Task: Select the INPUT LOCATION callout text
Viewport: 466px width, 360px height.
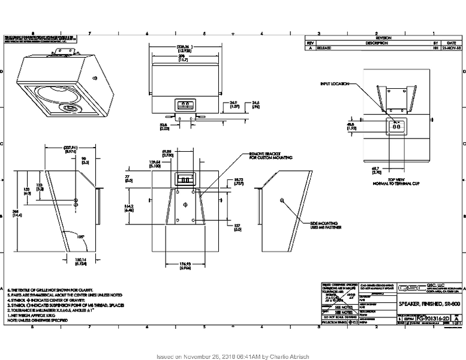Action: (334, 84)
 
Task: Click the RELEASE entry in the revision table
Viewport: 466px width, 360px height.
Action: (323, 48)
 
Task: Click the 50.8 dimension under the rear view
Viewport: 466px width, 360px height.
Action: (164, 126)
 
